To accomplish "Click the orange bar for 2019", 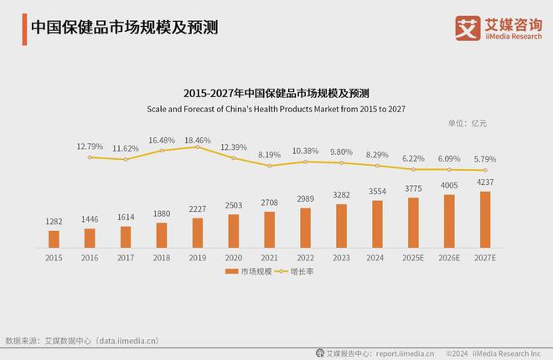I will pyautogui.click(x=197, y=233).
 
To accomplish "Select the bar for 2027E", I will pyautogui.click(x=484, y=219).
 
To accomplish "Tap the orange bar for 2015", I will pyautogui.click(x=54, y=239).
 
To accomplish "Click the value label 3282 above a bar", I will pyautogui.click(x=341, y=194).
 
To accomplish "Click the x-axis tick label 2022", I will pyautogui.click(x=305, y=258).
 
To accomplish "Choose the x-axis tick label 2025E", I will pyautogui.click(x=413, y=258).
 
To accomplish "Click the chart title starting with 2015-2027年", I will pyautogui.click(x=276, y=93).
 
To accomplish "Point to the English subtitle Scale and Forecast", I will pyautogui.click(x=276, y=109).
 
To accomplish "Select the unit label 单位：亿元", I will pyautogui.click(x=467, y=123).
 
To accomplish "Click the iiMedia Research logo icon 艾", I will pyautogui.click(x=467, y=27).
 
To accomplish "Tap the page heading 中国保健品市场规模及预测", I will pyautogui.click(x=123, y=27).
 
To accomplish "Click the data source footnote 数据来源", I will pyautogui.click(x=81, y=341).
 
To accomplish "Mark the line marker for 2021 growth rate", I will pyautogui.click(x=269, y=166).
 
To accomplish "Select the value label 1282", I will pyautogui.click(x=54, y=222).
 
